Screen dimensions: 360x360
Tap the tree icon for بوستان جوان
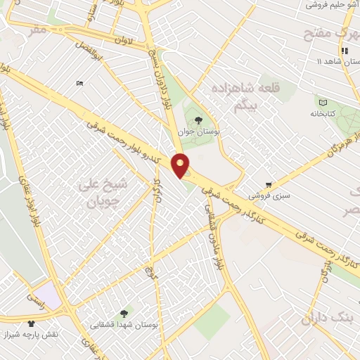(x=199, y=120)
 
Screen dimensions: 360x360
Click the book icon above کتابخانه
(x=322, y=103)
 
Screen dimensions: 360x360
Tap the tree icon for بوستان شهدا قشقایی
(x=124, y=314)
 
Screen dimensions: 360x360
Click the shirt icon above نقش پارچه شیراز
(x=31, y=323)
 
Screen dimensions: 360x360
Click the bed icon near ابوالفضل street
(x=79, y=83)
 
